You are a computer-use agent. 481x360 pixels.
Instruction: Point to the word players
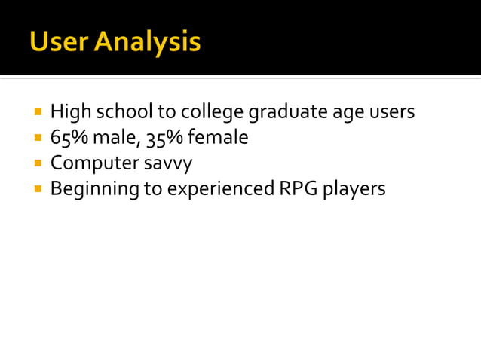click(354, 189)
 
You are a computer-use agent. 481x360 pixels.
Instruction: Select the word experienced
click(219, 189)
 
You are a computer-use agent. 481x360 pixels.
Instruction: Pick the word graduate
click(289, 113)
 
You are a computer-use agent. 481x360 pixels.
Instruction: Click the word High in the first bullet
click(69, 113)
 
